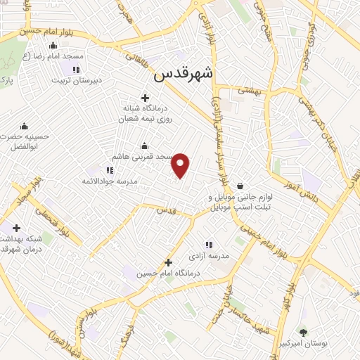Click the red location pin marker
click(181, 164)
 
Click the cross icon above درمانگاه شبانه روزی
click(146, 98)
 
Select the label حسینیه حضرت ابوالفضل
click(25, 143)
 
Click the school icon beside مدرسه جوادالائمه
click(109, 169)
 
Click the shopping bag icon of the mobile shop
click(241, 186)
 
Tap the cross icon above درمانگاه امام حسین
click(168, 262)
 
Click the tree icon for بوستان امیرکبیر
click(303, 332)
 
